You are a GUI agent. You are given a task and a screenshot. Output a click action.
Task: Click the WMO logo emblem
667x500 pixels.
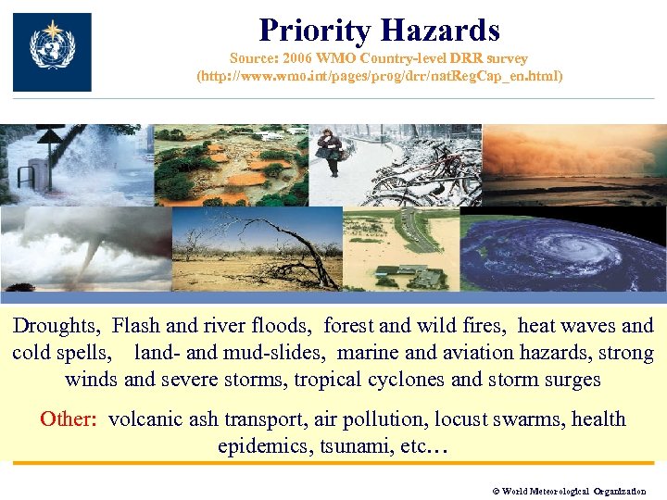pos(52,51)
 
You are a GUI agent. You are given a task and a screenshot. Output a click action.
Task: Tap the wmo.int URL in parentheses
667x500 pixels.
pos(379,76)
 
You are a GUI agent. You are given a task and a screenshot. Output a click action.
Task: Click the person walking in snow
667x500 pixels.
pos(329,151)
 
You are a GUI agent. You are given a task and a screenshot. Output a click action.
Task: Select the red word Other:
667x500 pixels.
pos(69,419)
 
